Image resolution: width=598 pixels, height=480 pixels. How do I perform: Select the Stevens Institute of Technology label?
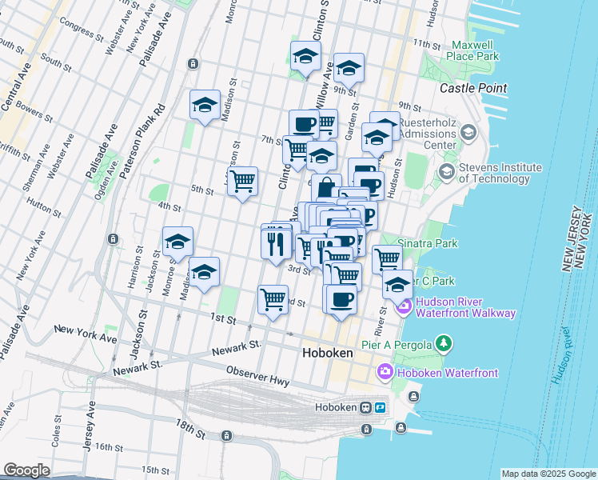coord(500,174)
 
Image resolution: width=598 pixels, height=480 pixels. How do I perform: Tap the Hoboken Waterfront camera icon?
coord(385,372)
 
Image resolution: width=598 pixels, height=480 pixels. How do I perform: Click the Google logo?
coord(27,470)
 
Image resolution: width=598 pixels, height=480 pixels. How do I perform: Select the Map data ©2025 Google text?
coord(548,474)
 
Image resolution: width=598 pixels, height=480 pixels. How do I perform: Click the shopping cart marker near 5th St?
coord(241,181)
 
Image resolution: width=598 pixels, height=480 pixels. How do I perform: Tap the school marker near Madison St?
coord(204,105)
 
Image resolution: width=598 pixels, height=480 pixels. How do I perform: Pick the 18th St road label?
coord(191,429)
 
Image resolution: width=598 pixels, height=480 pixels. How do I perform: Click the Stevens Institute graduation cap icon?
coord(446,172)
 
